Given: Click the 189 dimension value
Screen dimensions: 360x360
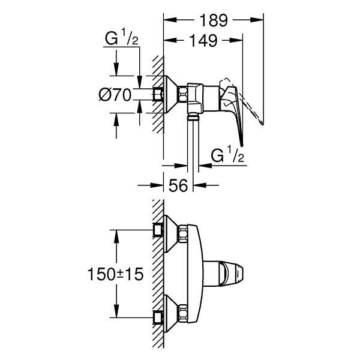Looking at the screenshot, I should tap(213, 20).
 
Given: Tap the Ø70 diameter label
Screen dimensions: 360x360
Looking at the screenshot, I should tap(114, 94).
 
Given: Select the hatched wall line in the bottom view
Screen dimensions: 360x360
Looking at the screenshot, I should tap(158, 273).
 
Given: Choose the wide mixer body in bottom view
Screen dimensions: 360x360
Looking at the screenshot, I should tap(191, 273).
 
